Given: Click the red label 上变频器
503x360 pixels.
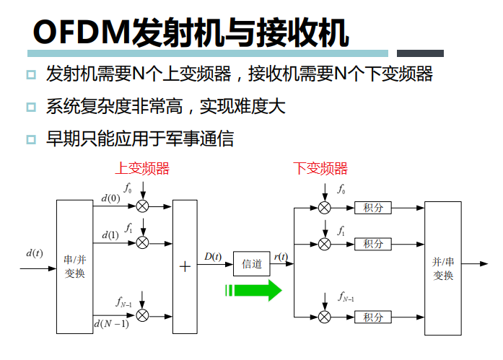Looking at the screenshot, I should [142, 169].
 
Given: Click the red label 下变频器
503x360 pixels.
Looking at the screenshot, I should [320, 169].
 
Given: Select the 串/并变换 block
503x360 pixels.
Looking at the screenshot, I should [75, 268].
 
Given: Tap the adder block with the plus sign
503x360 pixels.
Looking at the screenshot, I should [185, 266].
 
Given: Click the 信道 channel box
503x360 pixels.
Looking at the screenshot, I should [252, 265].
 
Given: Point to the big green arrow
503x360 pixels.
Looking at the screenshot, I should [253, 291].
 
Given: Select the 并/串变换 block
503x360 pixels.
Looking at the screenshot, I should [442, 268].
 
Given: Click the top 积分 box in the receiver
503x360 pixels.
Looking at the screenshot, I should [373, 208].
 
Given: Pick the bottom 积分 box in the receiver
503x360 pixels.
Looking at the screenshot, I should [373, 317].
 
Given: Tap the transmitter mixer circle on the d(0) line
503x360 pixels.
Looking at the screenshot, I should [143, 206].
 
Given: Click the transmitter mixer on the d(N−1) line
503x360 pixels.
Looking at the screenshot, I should [143, 315].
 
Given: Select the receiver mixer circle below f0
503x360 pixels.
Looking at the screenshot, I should [325, 208].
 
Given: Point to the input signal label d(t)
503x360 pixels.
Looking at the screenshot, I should [34, 253].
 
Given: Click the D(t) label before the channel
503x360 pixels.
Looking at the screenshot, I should [213, 256].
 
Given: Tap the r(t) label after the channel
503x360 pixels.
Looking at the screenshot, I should [281, 256].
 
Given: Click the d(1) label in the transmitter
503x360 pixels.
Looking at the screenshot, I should [110, 235].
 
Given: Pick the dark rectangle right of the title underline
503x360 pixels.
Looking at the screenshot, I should [421, 53].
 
